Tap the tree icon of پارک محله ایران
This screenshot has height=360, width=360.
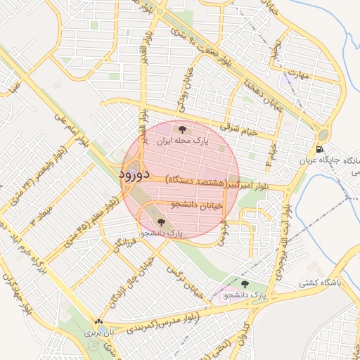pos(183,129)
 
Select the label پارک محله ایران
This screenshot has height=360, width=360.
pos(183,141)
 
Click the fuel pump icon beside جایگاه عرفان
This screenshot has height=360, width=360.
pos(321,148)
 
